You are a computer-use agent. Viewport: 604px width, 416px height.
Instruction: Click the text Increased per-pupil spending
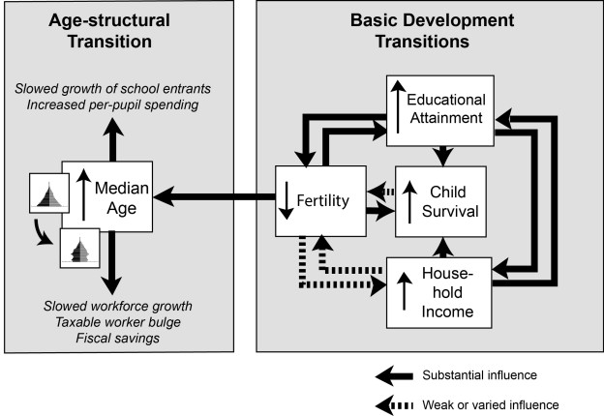point(127,104)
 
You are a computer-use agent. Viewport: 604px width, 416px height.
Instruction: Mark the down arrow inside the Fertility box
point(289,200)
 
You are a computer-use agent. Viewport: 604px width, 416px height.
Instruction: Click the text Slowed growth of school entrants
point(127,89)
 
